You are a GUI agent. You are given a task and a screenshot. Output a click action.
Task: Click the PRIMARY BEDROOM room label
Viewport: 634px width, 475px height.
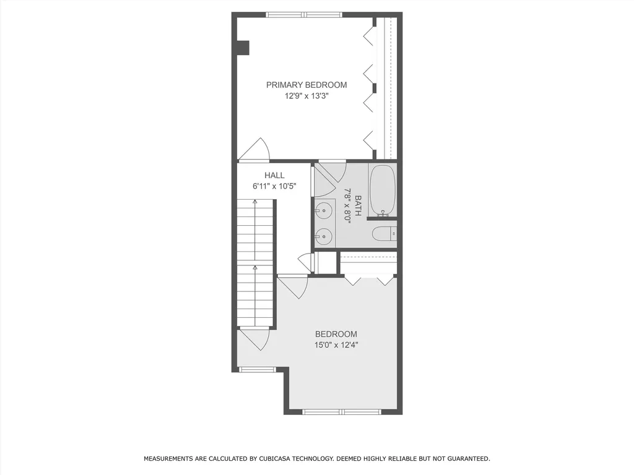tap(306, 85)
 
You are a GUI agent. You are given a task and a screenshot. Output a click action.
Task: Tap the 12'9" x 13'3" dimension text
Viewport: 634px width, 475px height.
tap(306, 96)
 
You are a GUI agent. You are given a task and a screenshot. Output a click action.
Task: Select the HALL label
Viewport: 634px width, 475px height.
tap(274, 176)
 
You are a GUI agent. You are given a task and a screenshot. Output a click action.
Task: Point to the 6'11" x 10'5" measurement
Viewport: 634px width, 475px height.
tap(274, 186)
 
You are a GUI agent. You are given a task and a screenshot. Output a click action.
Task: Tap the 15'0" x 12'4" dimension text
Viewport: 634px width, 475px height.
tap(336, 345)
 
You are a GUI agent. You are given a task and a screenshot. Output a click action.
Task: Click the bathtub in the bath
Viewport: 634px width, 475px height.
tap(382, 190)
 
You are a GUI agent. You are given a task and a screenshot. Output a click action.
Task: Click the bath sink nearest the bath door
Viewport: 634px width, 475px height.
tap(323, 211)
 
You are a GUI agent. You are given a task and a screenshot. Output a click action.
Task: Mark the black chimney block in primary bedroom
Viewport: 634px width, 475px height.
tap(243, 48)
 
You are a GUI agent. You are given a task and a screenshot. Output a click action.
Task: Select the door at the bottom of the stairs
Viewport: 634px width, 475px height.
tap(254, 339)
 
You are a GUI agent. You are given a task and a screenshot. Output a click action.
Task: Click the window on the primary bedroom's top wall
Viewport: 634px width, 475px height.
tap(304, 15)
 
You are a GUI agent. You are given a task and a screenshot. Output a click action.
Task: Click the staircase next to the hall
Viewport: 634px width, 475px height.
tap(255, 263)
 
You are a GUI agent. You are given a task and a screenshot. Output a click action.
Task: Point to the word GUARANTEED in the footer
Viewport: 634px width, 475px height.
tap(467, 459)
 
